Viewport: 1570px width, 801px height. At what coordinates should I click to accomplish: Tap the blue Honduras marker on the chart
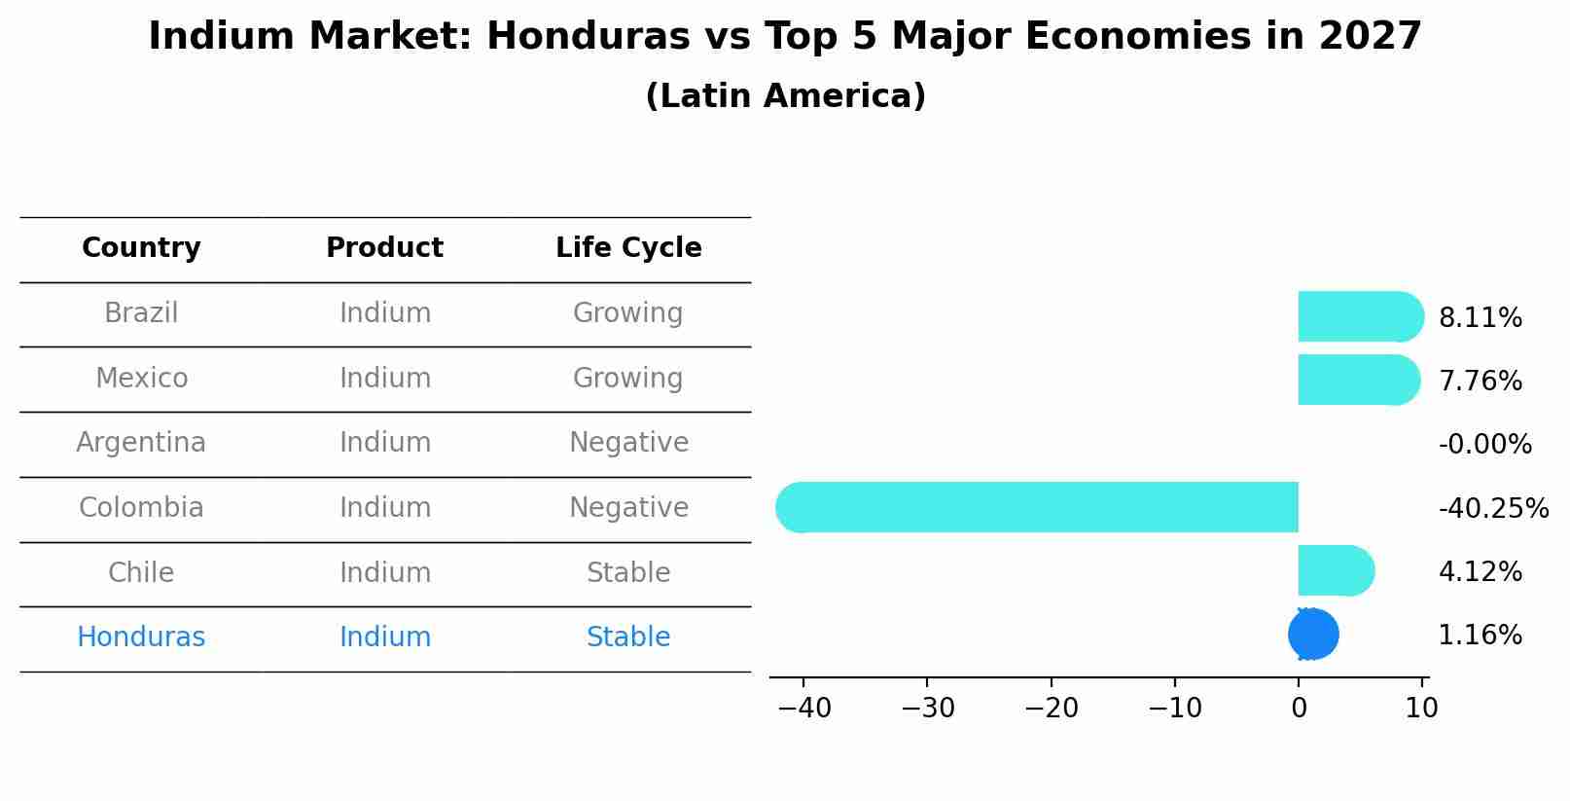[1313, 635]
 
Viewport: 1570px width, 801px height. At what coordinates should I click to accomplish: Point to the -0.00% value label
[1484, 445]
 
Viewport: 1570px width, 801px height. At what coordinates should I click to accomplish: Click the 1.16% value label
[1480, 636]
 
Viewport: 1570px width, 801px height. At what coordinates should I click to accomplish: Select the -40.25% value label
[1493, 508]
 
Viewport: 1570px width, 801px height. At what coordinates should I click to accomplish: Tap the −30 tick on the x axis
[927, 709]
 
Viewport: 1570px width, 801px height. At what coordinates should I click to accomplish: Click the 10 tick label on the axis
[1421, 709]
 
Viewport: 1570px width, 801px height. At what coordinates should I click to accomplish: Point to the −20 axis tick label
[1051, 709]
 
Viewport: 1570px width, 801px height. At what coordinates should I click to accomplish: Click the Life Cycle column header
[628, 248]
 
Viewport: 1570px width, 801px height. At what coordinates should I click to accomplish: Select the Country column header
[141, 248]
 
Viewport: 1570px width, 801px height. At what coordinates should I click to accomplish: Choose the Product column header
[384, 248]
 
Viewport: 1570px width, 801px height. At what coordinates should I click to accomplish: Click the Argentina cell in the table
[141, 443]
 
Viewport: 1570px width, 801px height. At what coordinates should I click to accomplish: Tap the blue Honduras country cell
[141, 637]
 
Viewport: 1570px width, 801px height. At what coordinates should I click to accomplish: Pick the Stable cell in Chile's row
[628, 572]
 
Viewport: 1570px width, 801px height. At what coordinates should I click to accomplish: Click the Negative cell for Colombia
[628, 508]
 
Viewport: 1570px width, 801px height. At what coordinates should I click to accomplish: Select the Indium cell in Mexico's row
[385, 378]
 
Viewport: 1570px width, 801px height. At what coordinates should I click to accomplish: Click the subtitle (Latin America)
[785, 96]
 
